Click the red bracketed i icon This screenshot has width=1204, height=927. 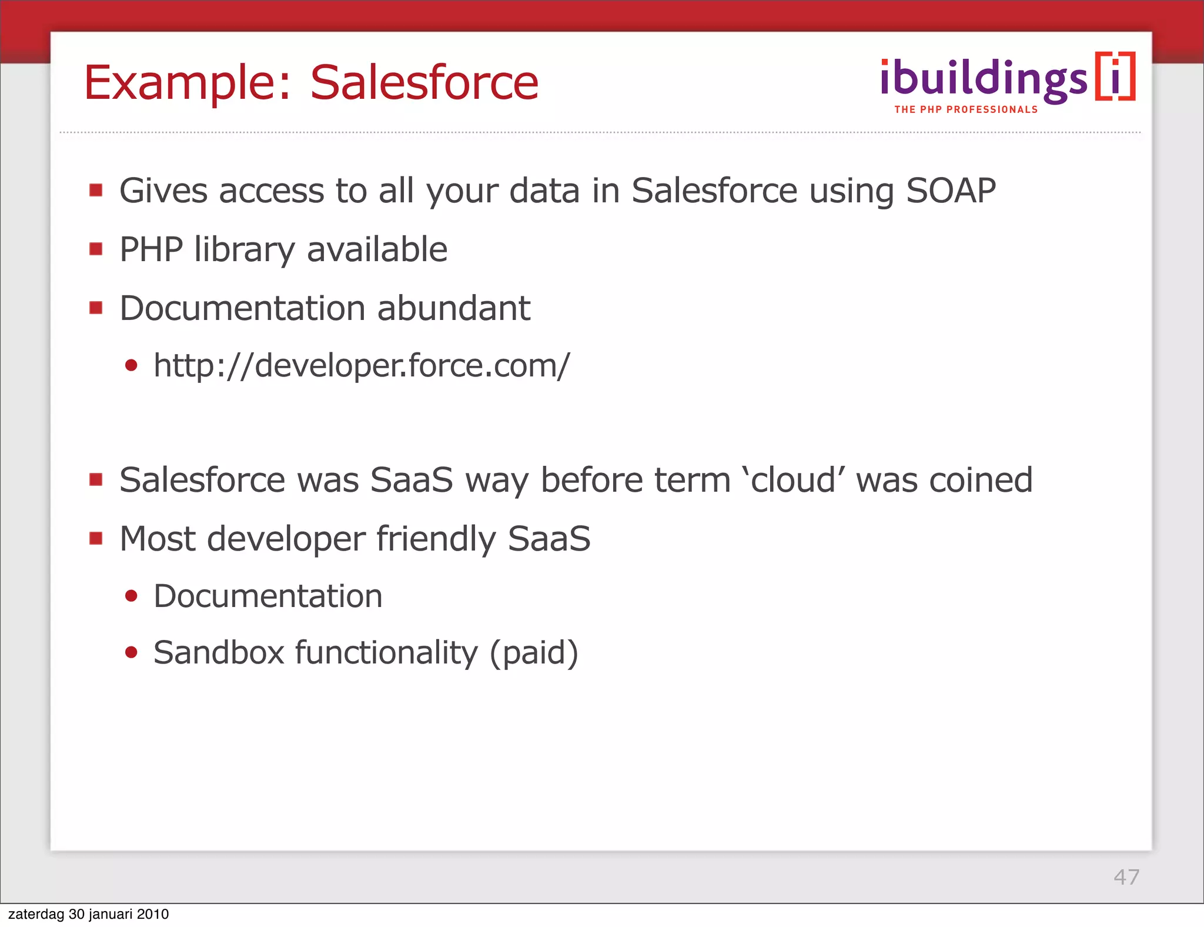click(1115, 77)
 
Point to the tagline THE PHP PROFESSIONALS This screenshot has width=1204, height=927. click(966, 109)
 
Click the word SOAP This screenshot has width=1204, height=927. click(951, 191)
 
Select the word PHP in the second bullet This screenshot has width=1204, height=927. click(151, 249)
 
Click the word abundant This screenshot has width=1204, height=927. click(453, 308)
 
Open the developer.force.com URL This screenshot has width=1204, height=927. click(361, 366)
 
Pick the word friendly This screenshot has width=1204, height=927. click(436, 539)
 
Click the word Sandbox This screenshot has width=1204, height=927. click(219, 653)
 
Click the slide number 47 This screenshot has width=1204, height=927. click(1126, 877)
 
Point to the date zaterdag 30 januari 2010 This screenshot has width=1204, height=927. click(88, 914)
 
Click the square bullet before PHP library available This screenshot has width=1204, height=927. click(96, 249)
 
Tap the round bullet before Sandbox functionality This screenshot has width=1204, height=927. click(131, 652)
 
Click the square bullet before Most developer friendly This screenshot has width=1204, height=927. click(96, 538)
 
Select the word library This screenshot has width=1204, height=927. click(244, 249)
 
